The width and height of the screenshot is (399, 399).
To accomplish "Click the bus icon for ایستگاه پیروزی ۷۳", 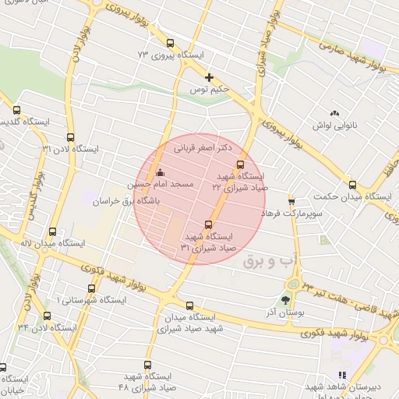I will pyautogui.click(x=171, y=44).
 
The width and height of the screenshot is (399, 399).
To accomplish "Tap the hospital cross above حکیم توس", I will pyautogui.click(x=209, y=77).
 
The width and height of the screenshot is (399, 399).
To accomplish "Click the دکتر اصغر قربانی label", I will pyautogui.click(x=204, y=147).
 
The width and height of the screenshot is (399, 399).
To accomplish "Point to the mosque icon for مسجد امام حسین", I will pyautogui.click(x=161, y=172).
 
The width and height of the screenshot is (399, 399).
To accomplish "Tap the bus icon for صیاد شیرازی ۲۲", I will pyautogui.click(x=239, y=164).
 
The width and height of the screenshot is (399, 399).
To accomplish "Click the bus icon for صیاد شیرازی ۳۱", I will pyautogui.click(x=207, y=224).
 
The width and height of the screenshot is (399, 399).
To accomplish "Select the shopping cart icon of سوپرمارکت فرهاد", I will pyautogui.click(x=291, y=199).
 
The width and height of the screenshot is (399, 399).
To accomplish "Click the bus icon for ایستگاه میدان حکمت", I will pyautogui.click(x=352, y=185).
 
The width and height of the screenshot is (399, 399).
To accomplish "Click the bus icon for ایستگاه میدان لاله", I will pyautogui.click(x=52, y=231).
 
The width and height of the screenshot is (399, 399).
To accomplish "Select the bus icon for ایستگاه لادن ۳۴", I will pyautogui.click(x=48, y=316).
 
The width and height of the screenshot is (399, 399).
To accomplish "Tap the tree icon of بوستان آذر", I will pyautogui.click(x=286, y=299).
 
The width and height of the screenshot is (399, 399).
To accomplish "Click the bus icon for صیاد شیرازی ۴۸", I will pyautogui.click(x=148, y=364).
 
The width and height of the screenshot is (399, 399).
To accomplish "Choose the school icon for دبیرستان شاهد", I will pyautogui.click(x=342, y=375).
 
